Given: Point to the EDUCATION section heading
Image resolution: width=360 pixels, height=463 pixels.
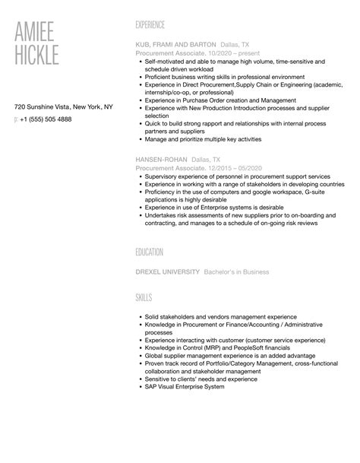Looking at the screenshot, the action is pyautogui.click(x=150, y=252).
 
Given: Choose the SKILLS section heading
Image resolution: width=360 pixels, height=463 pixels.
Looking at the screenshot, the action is pyautogui.click(x=143, y=297).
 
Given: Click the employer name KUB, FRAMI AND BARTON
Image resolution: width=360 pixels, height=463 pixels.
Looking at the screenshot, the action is pyautogui.click(x=175, y=44).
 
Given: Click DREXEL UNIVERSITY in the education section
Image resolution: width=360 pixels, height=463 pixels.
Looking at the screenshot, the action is pyautogui.click(x=168, y=271).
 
